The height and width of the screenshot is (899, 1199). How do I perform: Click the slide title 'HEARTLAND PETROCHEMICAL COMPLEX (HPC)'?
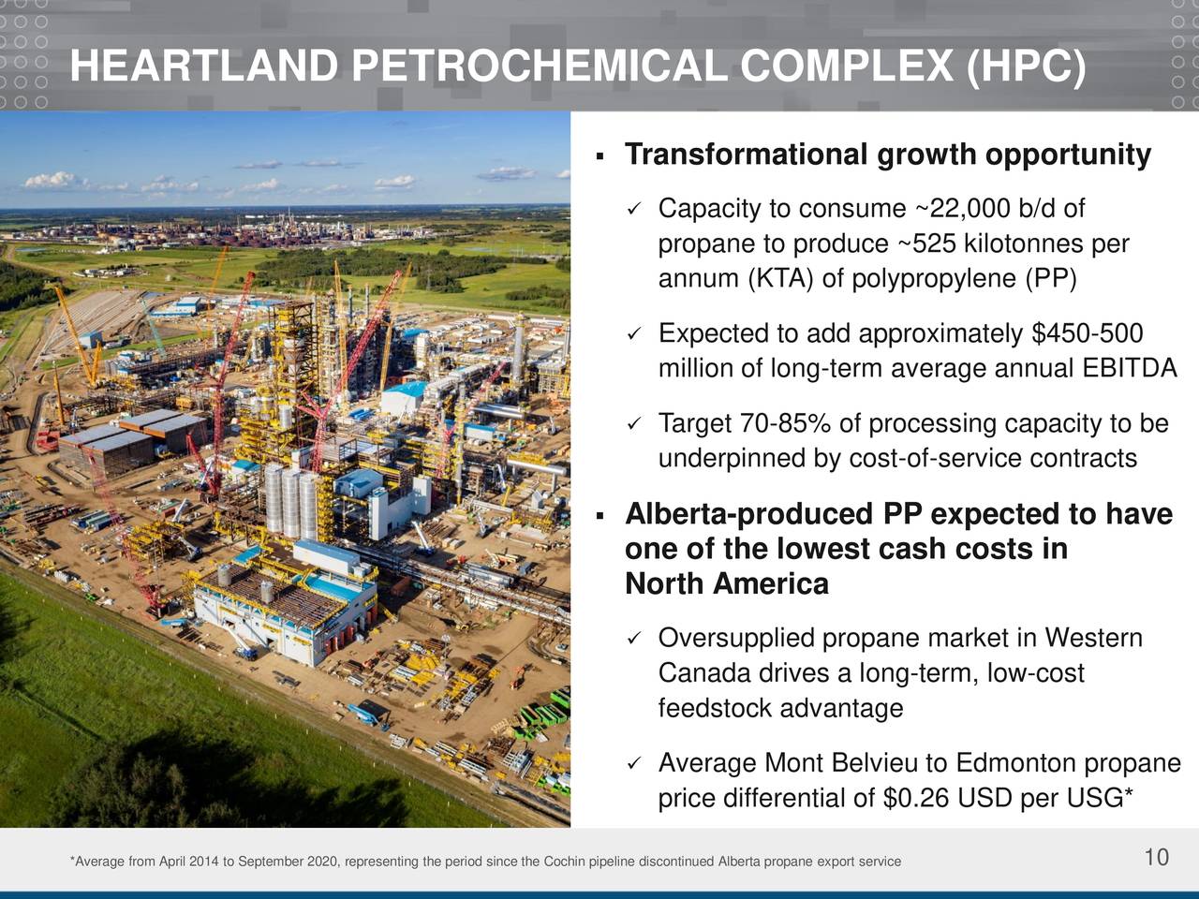click(x=578, y=67)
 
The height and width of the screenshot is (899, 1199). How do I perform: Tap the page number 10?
click(x=1156, y=857)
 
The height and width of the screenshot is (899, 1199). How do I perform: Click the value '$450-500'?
click(x=1087, y=334)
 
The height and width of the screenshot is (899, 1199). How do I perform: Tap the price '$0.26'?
click(x=915, y=799)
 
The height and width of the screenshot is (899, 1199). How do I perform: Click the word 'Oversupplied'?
click(x=736, y=639)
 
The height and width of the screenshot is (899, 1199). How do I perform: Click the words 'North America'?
click(x=726, y=584)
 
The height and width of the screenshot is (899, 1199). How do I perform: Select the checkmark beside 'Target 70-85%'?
click(x=634, y=425)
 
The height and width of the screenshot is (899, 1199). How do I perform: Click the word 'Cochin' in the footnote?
click(x=564, y=862)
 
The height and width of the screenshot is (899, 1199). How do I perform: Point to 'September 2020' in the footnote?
click(x=274, y=862)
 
